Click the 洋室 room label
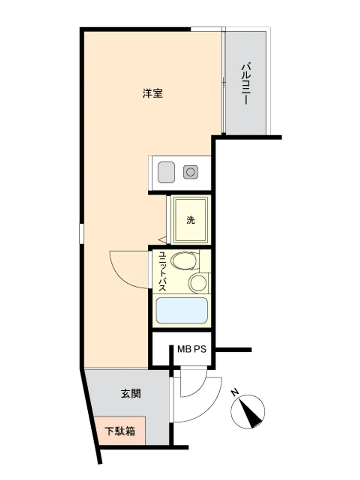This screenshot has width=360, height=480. [153, 94]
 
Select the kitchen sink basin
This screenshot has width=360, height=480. [166, 172]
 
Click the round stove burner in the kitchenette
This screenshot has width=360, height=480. [191, 172]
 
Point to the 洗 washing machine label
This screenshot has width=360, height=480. [191, 220]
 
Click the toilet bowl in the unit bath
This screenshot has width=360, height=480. [184, 261]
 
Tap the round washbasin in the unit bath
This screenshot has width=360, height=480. [197, 283]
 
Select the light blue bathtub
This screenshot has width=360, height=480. [182, 311]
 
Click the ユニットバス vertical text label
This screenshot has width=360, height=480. [163, 271]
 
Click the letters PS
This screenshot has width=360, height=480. [200, 349]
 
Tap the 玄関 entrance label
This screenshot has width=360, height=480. [131, 394]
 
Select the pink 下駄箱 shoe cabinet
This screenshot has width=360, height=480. [120, 431]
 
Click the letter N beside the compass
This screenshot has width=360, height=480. [235, 392]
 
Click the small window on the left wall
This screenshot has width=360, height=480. [81, 234]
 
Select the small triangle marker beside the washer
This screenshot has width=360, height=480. [162, 240]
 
